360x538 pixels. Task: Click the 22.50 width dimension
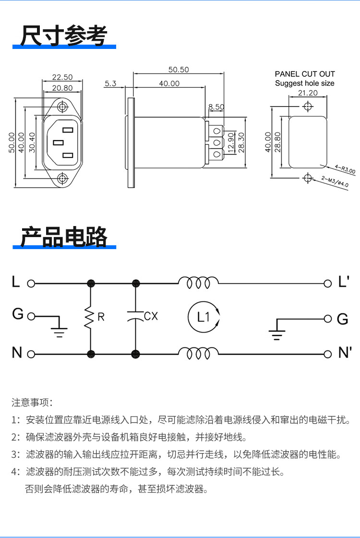[62, 77]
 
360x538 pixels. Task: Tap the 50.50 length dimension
[178, 70]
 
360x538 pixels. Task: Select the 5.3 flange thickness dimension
[110, 84]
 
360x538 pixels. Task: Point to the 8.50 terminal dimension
[216, 107]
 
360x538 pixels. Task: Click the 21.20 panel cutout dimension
[308, 93]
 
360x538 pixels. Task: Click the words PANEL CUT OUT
[305, 74]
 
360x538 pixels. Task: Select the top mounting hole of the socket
[62, 107]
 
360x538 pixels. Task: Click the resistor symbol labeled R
[90, 318]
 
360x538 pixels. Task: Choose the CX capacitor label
[151, 316]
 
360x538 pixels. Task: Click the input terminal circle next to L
[31, 283]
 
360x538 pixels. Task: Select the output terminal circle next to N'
[328, 354]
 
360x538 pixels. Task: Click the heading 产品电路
[64, 236]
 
